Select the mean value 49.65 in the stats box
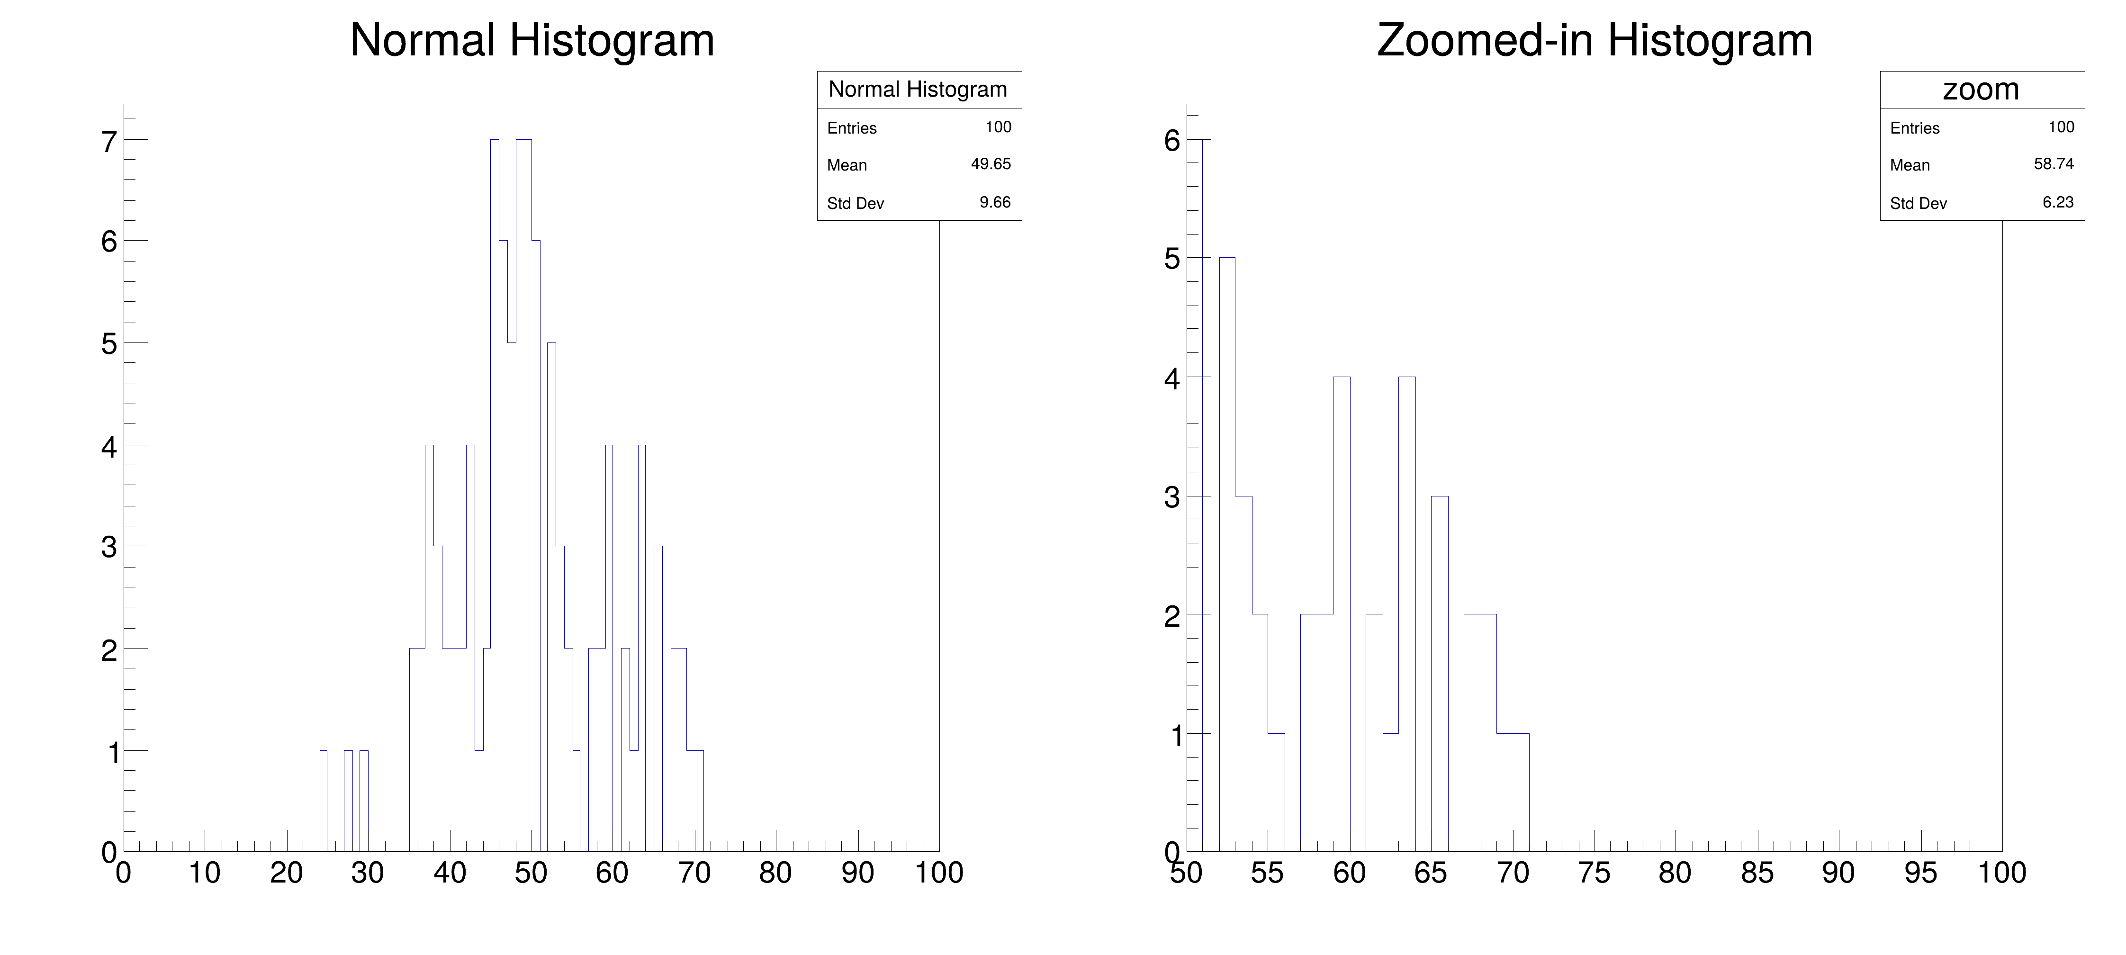click(x=991, y=164)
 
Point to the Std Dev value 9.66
click(x=994, y=202)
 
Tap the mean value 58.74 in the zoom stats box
click(x=2054, y=164)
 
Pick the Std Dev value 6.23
click(x=2057, y=202)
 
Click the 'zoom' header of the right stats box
click(x=1981, y=89)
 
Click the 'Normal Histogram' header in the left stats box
click(x=918, y=89)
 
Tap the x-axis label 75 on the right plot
click(x=1594, y=873)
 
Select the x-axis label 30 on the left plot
click(x=367, y=873)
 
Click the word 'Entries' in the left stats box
click(x=852, y=128)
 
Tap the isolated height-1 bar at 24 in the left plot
click(x=324, y=801)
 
